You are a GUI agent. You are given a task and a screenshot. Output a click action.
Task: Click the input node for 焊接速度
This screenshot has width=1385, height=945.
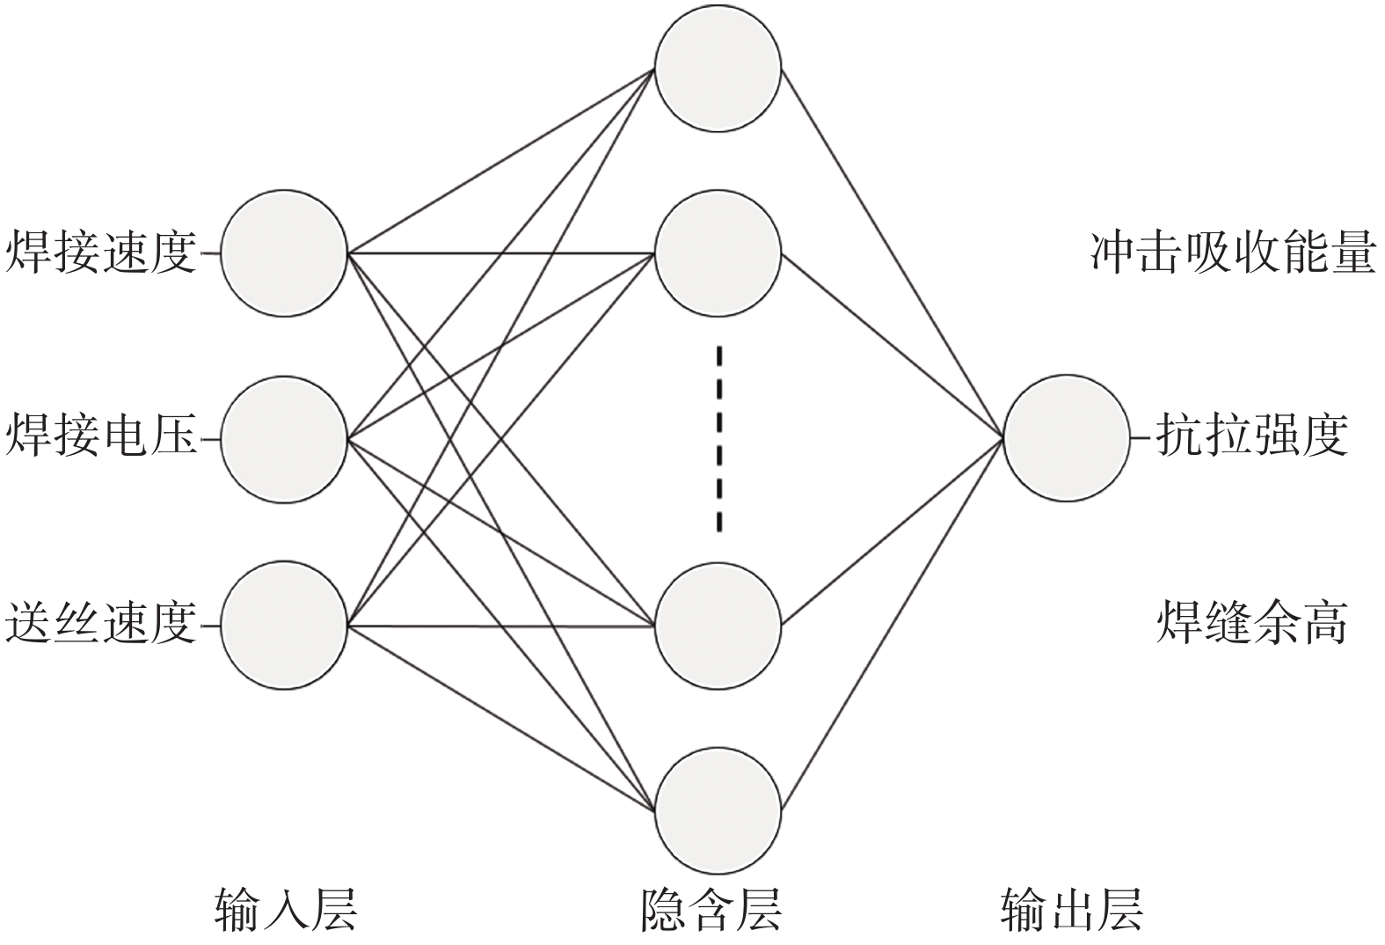click(284, 253)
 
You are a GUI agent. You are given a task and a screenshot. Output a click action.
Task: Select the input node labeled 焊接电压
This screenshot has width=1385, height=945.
click(284, 439)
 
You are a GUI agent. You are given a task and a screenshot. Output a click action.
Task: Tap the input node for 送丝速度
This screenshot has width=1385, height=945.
click(284, 626)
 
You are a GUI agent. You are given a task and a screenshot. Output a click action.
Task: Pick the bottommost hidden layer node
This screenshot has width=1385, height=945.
click(718, 811)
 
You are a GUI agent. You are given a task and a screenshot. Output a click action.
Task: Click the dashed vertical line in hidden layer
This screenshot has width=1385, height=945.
click(719, 439)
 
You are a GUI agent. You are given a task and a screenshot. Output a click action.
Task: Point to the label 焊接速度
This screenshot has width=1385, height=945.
click(101, 253)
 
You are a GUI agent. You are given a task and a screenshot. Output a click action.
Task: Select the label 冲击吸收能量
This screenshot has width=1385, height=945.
click(1232, 253)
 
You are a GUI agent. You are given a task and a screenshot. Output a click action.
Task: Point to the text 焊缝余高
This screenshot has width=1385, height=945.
click(1251, 624)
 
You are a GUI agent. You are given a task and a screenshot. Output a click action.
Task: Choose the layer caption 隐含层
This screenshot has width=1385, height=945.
click(711, 910)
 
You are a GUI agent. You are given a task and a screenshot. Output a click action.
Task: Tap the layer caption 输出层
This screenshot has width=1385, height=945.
click(1071, 910)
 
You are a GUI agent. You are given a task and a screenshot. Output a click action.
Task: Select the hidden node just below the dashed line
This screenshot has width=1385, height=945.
click(718, 626)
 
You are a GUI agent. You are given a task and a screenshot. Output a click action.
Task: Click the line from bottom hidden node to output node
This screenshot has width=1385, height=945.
click(892, 624)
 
